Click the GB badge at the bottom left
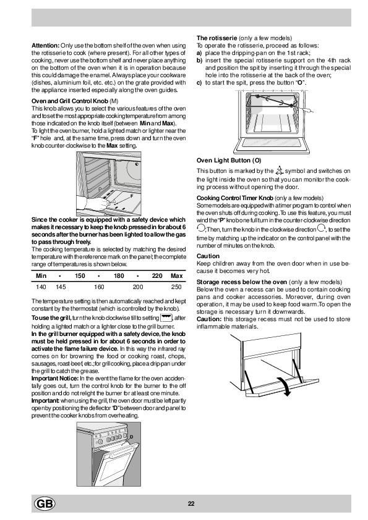(x=45, y=504)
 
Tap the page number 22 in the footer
(x=191, y=504)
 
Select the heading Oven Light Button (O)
(x=229, y=161)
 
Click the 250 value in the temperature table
(x=176, y=287)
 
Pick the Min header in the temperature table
(x=41, y=276)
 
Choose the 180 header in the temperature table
(x=119, y=276)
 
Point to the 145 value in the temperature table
(x=61, y=287)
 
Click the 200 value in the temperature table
(x=138, y=287)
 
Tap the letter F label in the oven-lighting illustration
(x=132, y=196)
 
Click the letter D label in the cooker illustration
(x=131, y=437)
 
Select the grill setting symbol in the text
(x=166, y=317)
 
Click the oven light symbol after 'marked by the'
(x=279, y=170)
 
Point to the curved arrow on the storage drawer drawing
(x=285, y=386)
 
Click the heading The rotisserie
(x=216, y=38)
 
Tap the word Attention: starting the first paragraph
(x=46, y=46)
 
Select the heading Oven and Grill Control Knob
(x=70, y=101)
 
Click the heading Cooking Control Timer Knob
(x=235, y=198)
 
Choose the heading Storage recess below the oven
(x=242, y=282)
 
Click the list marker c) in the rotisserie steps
(x=199, y=83)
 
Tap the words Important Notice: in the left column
(x=55, y=379)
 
